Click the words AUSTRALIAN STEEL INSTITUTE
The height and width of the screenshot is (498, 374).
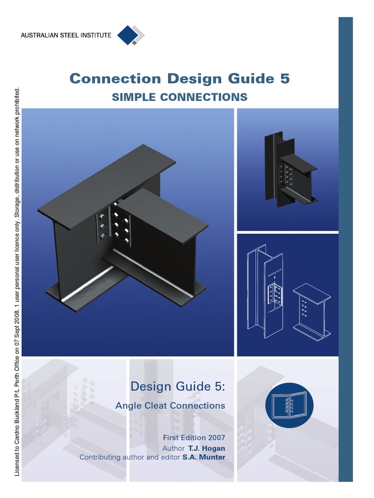click(x=66, y=35)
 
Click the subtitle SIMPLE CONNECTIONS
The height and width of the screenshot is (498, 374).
click(x=180, y=97)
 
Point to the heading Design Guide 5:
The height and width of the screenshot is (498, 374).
click(x=178, y=387)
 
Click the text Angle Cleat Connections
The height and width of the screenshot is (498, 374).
click(x=170, y=405)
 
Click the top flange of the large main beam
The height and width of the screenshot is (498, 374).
click(x=107, y=185)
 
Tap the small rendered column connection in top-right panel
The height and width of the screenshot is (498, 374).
click(x=287, y=170)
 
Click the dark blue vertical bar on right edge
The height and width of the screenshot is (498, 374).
click(x=345, y=248)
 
